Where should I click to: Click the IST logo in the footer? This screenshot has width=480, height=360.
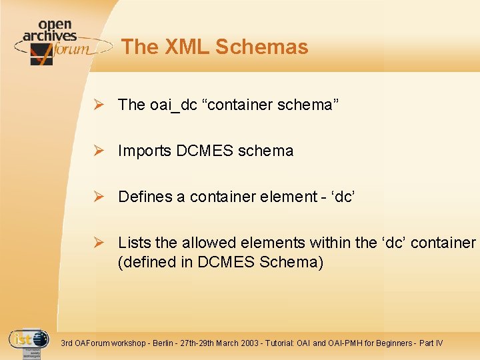[29, 341]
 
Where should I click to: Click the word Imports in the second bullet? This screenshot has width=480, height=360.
[145, 151]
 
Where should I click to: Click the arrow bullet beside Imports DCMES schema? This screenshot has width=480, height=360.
[99, 151]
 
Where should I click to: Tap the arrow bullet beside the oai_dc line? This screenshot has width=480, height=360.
[99, 105]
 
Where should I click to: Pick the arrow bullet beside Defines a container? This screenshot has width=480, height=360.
[99, 197]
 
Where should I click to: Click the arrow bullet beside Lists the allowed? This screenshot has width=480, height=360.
[99, 243]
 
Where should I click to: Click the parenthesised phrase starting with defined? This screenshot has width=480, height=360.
[221, 262]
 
